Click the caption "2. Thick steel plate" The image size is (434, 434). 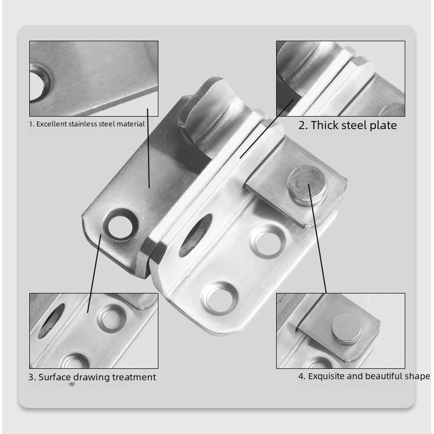click(x=348, y=126)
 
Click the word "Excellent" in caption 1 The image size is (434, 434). click(x=52, y=124)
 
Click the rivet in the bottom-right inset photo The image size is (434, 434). click(x=348, y=329)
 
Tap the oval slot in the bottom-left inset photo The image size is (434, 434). click(x=51, y=321)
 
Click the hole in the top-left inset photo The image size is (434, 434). click(x=37, y=82)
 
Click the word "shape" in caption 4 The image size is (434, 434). click(x=417, y=376)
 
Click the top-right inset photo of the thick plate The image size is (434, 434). click(x=340, y=78)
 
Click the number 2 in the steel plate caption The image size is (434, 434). click(x=302, y=126)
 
